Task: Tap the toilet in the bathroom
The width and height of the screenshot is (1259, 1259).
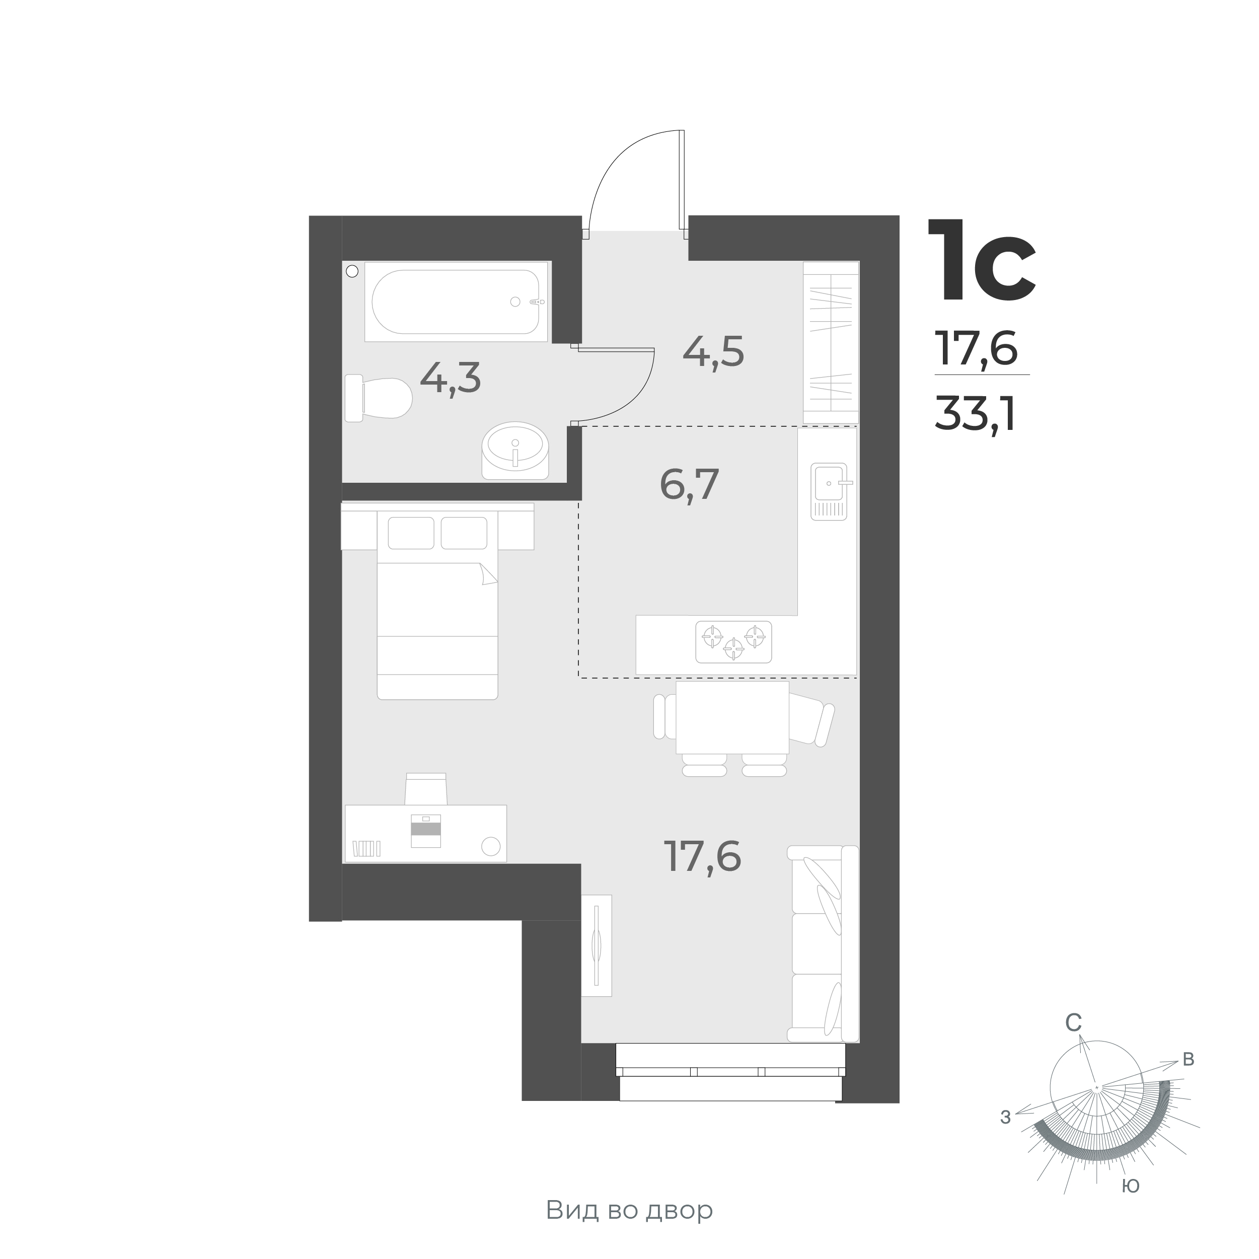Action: (x=379, y=398)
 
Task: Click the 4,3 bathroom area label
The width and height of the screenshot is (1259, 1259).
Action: (x=451, y=378)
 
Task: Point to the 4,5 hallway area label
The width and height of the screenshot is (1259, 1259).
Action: (x=713, y=352)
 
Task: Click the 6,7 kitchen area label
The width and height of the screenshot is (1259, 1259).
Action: (x=690, y=484)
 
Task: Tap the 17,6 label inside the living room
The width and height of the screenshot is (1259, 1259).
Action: (x=702, y=856)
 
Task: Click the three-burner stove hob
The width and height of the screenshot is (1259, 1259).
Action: (x=734, y=642)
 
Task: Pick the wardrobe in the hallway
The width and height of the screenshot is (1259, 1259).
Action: (x=831, y=343)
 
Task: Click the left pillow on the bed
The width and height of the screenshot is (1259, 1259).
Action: (x=411, y=533)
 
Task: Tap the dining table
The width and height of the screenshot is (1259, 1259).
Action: (x=732, y=717)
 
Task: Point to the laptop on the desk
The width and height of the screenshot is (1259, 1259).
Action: (x=425, y=831)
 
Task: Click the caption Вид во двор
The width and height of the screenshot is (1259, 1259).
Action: (x=629, y=1210)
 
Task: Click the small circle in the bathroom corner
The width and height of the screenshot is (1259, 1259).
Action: (x=352, y=271)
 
